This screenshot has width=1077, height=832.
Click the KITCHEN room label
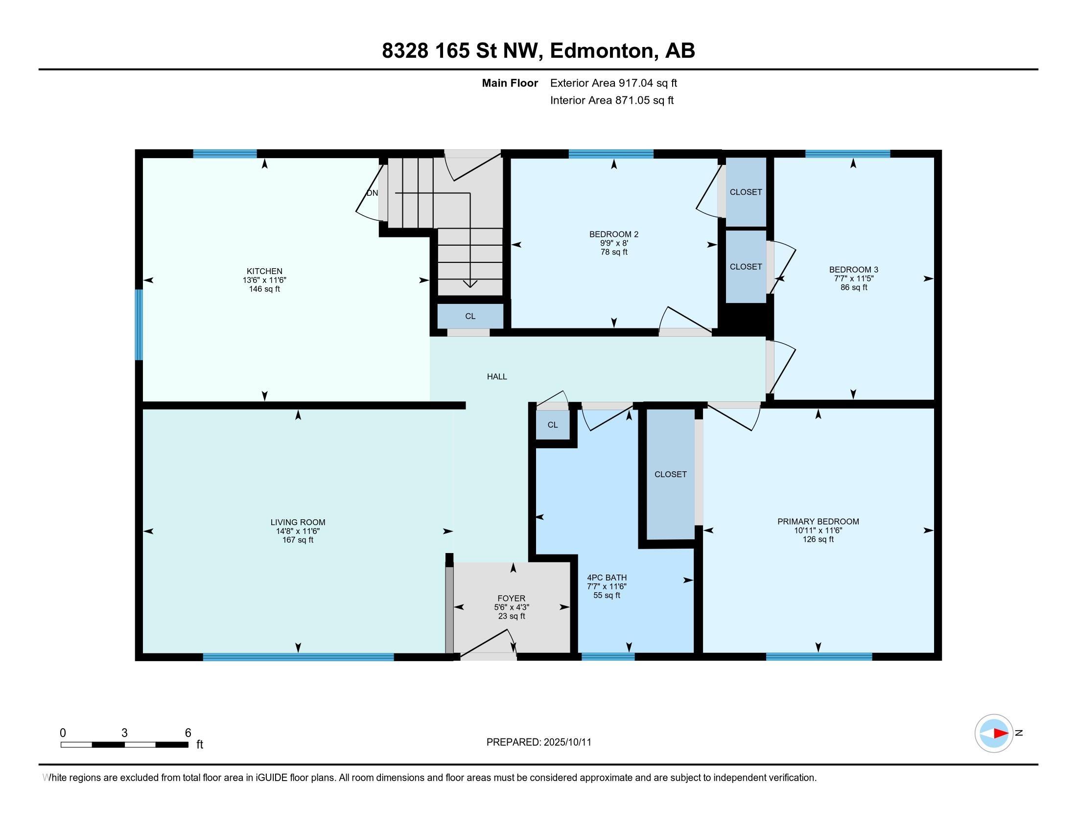264,271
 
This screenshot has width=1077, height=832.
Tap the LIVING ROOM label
298,522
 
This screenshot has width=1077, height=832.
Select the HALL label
497,376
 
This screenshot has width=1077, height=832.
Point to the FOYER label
512,599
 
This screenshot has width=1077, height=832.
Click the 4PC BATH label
607,577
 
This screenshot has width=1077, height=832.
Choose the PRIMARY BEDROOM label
818,522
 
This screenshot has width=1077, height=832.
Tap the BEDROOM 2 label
613,234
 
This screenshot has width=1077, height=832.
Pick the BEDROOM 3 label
854,270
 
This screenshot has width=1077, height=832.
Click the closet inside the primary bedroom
671,474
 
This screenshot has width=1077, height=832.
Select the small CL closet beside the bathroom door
552,424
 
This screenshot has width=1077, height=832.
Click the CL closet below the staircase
470,316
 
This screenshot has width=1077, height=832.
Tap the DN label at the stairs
373,193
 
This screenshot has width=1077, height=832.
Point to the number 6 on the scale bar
188,733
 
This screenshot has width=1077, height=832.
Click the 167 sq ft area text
298,540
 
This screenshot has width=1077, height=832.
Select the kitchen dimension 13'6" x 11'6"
264,280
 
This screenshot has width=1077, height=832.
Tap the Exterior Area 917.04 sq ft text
613,83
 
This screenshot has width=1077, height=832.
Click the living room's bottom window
298,656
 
